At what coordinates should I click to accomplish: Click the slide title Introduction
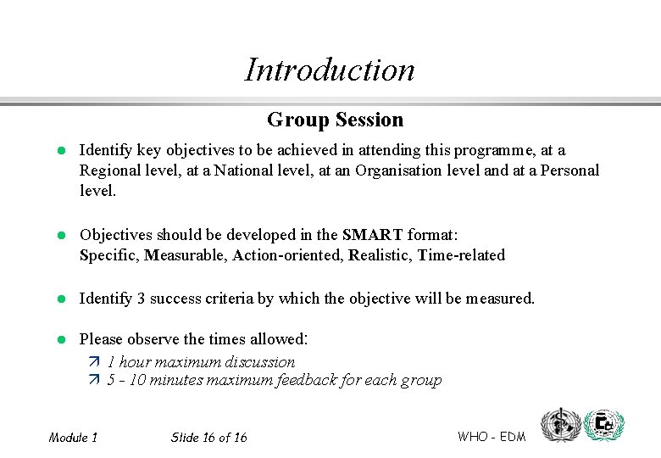[x=330, y=70]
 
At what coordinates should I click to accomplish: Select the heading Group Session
[x=335, y=120]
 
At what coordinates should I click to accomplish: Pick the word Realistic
[x=380, y=254]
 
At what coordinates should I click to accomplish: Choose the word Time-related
[x=461, y=254]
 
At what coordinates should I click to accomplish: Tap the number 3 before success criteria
[x=141, y=298]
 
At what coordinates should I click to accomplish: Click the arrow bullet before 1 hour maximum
[x=94, y=362]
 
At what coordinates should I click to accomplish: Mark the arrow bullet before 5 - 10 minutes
[x=94, y=380]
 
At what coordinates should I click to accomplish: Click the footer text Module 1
[x=73, y=438]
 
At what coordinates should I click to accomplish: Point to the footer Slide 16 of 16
[x=208, y=438]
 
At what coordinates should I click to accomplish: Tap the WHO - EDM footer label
[x=492, y=437]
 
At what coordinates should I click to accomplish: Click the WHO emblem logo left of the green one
[x=562, y=424]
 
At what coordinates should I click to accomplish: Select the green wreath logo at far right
[x=606, y=424]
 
